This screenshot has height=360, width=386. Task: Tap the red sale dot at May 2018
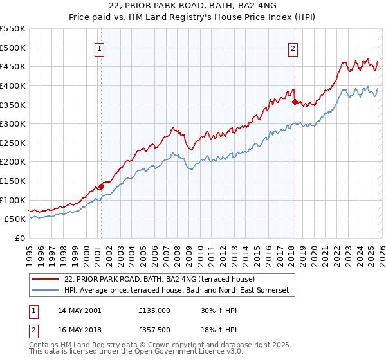(295, 102)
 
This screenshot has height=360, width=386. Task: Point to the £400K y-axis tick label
(13, 85)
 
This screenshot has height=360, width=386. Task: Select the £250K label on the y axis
(13, 143)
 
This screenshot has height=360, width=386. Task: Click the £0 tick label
(19, 239)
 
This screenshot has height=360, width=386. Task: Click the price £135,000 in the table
(154, 310)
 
